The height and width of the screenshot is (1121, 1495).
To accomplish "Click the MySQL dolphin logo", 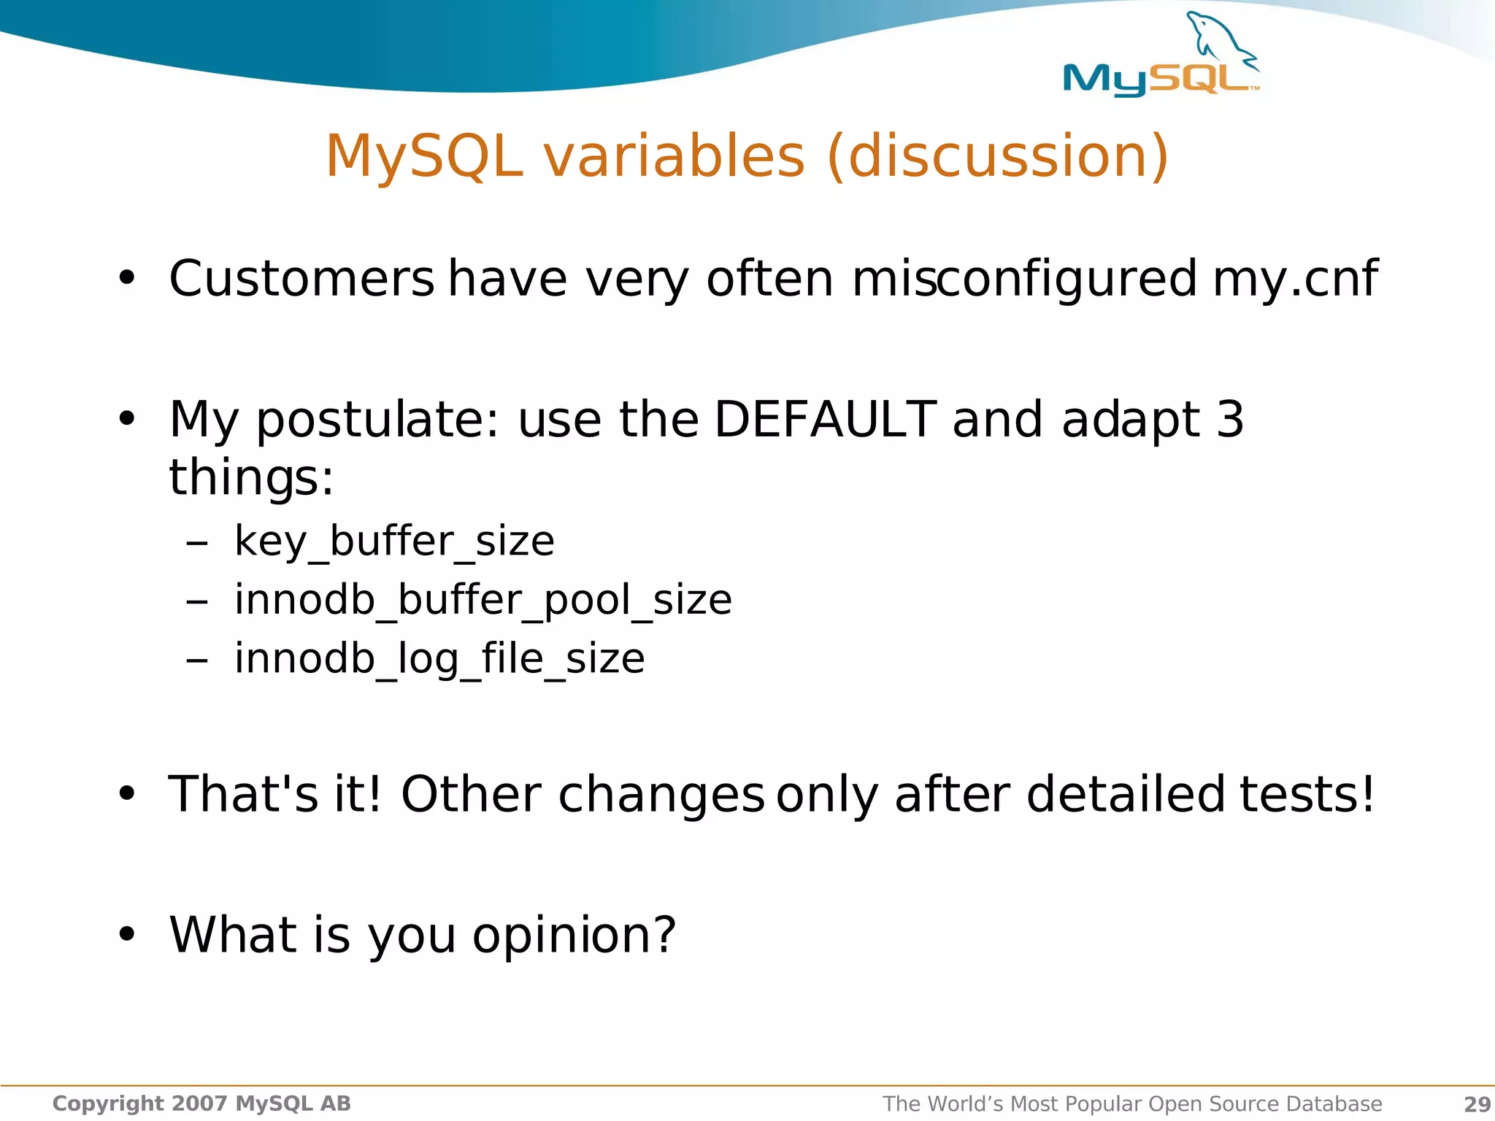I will pos(1161,55).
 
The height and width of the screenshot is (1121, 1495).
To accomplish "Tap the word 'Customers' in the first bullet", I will pos(301,279).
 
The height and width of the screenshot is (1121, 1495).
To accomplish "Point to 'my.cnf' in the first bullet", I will pos(1294,279).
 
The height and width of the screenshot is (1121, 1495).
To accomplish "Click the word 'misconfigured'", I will pos(1024,279).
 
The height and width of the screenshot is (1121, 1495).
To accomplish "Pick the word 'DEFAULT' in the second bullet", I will pos(825,420).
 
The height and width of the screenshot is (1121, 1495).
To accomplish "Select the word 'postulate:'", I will pos(378,421).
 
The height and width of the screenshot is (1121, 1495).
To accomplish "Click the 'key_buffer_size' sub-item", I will pos(394,542).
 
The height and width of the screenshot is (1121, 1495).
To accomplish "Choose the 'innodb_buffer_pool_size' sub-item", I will pos(483,601).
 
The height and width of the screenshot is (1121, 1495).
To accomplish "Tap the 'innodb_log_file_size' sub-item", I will pos(439,659).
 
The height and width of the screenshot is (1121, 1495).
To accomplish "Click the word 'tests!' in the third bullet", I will pos(1307,794).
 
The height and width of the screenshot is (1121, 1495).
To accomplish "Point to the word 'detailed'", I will pos(1125,794).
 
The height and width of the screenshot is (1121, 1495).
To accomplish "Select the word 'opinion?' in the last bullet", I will pos(574,936).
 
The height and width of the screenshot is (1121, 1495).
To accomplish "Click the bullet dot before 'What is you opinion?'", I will pos(127,934).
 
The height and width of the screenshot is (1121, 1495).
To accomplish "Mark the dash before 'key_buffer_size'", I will pos(196,543).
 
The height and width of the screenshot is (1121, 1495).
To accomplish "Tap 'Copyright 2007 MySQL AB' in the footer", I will pos(201,1103).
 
